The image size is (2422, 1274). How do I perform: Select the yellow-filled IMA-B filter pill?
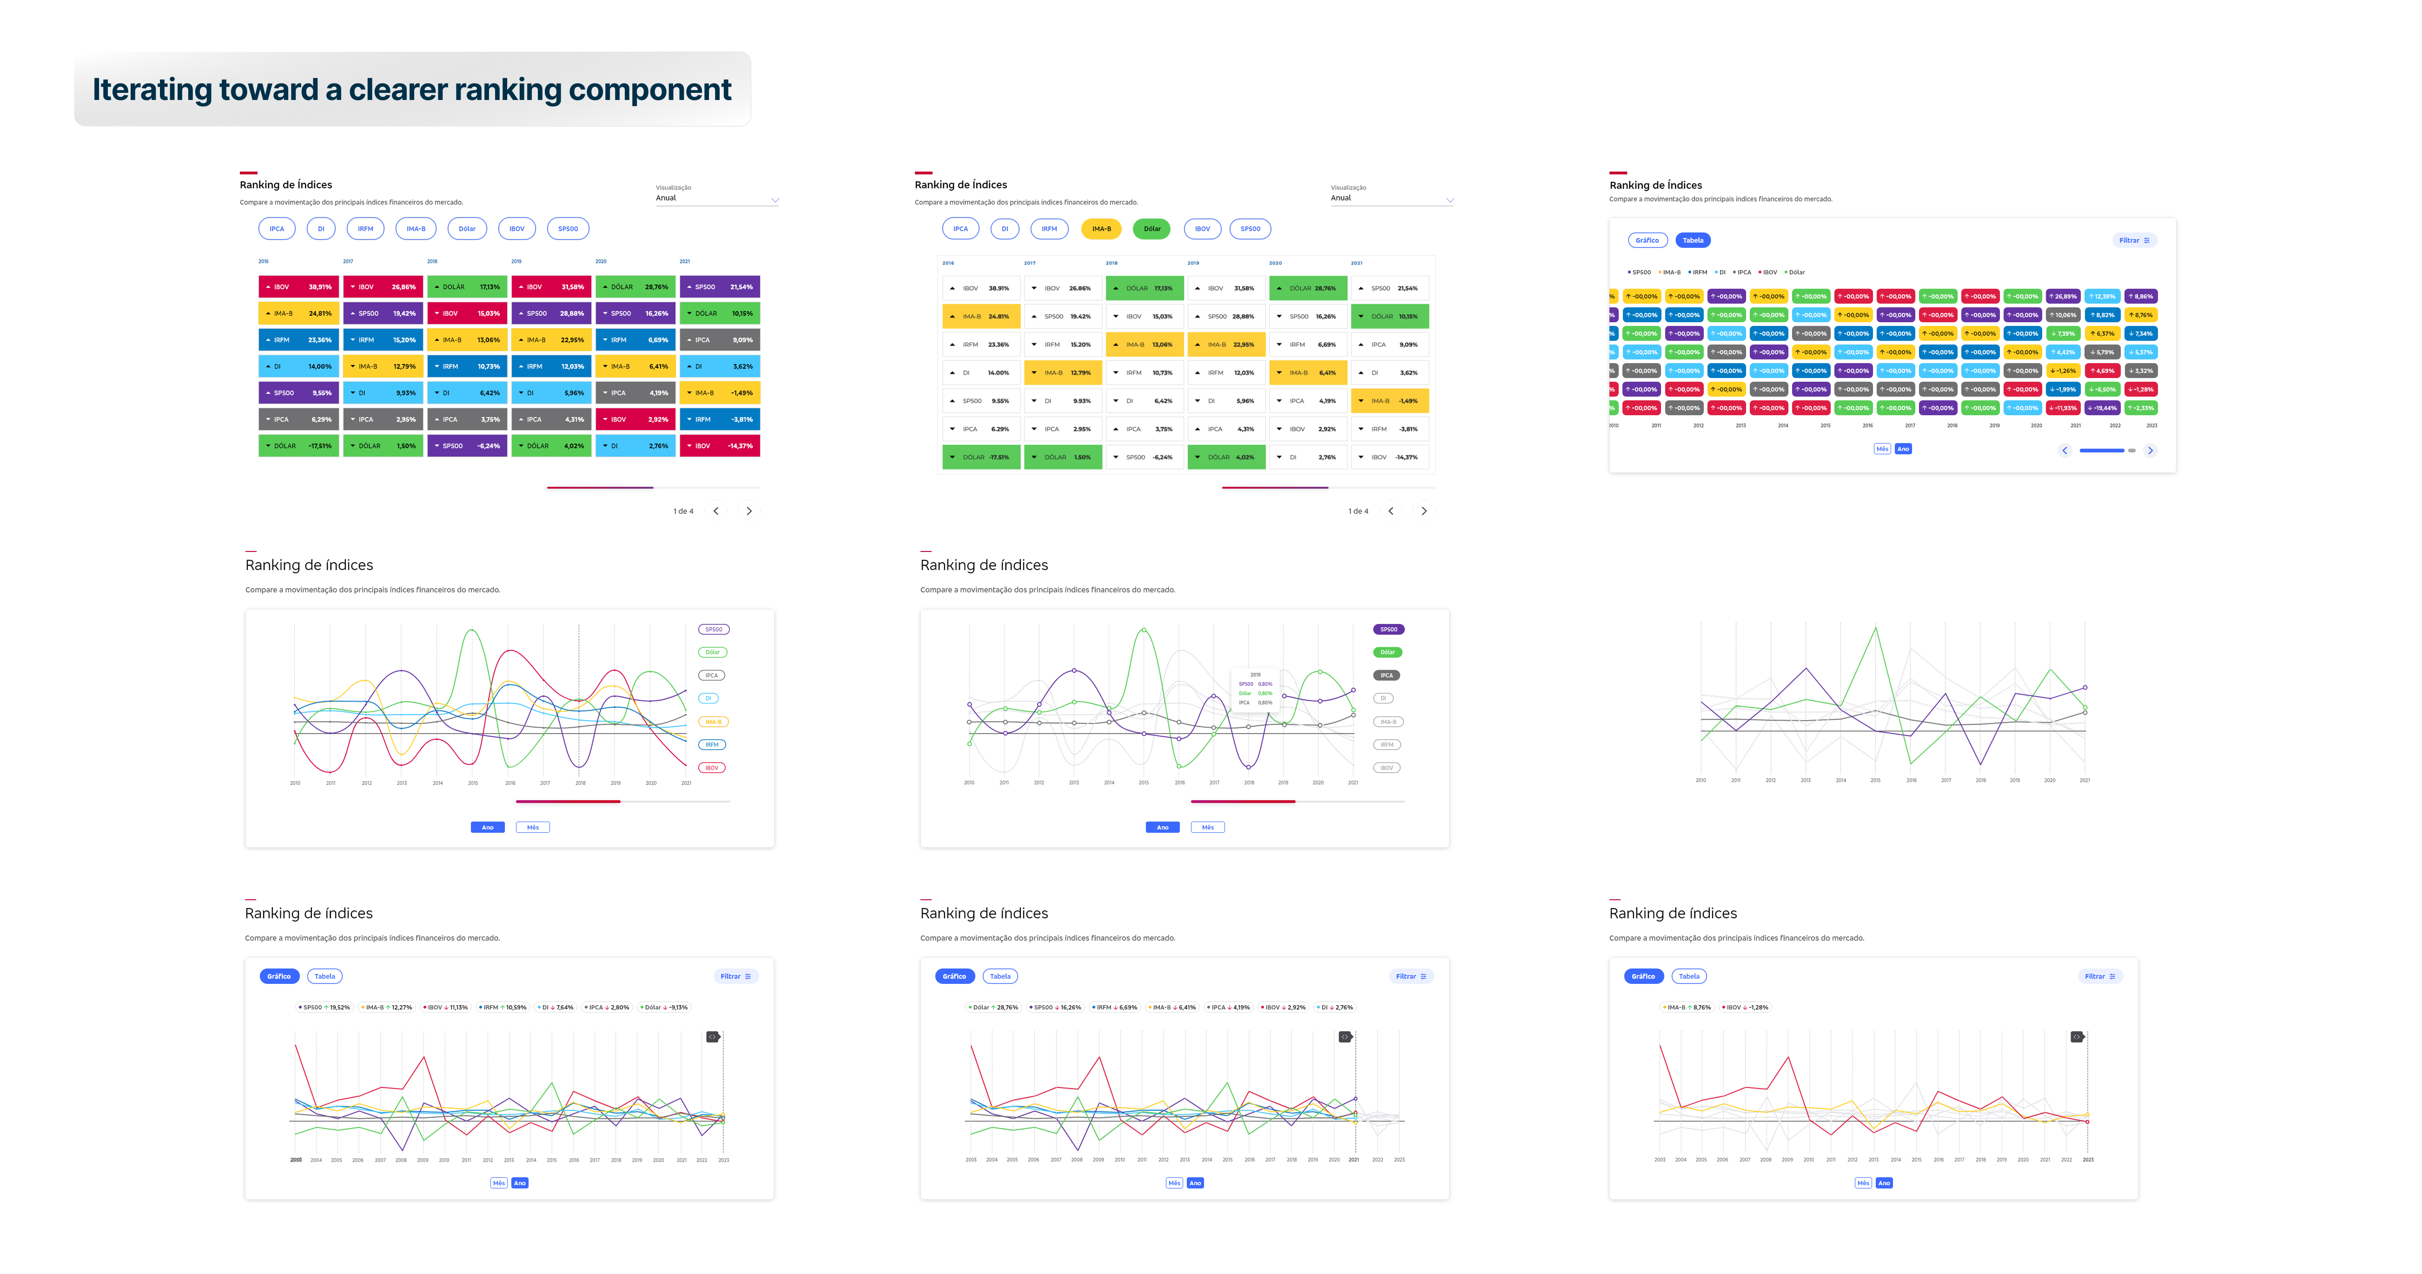1101,228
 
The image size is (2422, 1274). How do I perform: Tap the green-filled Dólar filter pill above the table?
1152,228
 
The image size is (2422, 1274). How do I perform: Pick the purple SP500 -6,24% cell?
466,445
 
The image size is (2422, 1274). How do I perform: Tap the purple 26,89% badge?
2062,296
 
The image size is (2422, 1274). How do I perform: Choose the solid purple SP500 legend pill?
1389,629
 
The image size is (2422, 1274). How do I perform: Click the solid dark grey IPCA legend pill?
1387,675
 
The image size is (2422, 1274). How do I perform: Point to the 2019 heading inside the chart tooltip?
1255,674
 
